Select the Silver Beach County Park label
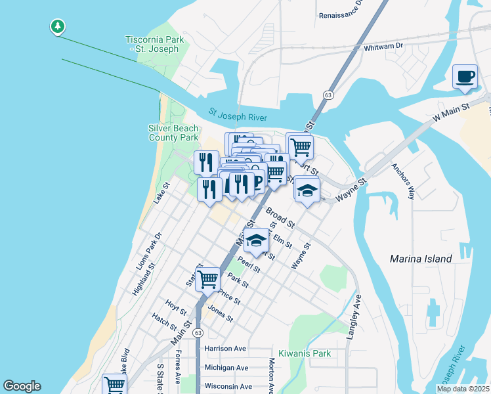(173, 133)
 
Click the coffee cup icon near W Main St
(465, 76)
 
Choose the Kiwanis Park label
(305, 353)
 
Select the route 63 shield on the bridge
(327, 95)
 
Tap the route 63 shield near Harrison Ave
(198, 333)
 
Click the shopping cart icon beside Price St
(208, 278)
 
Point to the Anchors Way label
(404, 181)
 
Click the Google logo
(22, 386)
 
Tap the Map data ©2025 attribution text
(463, 389)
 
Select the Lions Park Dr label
(148, 252)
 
